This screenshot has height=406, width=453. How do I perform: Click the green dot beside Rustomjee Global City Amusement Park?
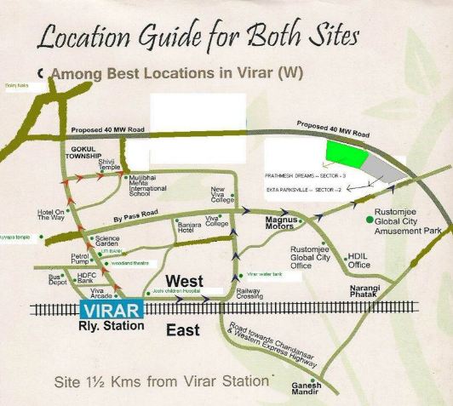point(368,220)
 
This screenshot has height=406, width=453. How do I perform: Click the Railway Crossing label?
point(249,294)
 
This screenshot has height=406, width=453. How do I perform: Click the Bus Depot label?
point(56,279)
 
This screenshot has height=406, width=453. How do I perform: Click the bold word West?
point(185,281)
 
